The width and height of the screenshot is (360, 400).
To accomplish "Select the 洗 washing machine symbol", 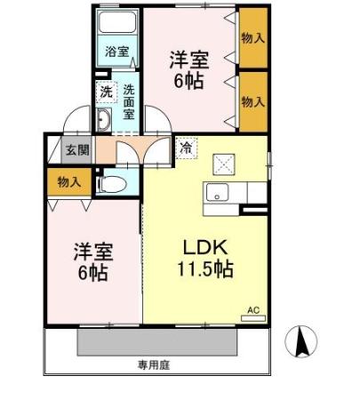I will pyautogui.click(x=106, y=92).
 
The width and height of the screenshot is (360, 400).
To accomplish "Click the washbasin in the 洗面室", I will pyautogui.click(x=103, y=121).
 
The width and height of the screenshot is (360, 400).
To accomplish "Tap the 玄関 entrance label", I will pyautogui.click(x=76, y=149).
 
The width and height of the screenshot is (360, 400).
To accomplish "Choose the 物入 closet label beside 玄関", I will pyautogui.click(x=68, y=181).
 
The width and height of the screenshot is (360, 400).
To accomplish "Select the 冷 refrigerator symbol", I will pyautogui.click(x=186, y=148).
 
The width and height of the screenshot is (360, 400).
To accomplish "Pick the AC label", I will pyautogui.click(x=252, y=309).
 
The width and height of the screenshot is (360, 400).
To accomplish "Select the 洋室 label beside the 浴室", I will pyautogui.click(x=188, y=60).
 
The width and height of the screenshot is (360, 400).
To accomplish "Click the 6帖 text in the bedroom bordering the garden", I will pyautogui.click(x=92, y=273).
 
